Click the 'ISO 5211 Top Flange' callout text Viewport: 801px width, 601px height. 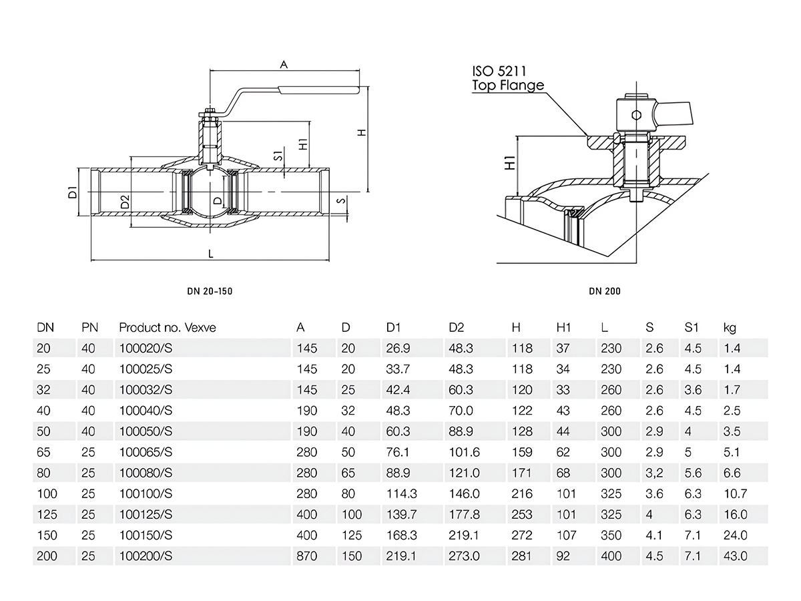[x=508, y=78]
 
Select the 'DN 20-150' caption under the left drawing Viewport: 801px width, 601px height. [x=210, y=291]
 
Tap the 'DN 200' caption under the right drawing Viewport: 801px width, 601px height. [x=605, y=291]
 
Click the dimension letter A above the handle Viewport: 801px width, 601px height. [x=284, y=65]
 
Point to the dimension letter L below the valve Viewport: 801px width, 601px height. [x=211, y=254]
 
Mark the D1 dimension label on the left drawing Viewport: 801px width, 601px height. [x=73, y=193]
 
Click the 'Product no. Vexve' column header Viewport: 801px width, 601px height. [x=168, y=328]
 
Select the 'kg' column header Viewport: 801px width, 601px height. [x=730, y=328]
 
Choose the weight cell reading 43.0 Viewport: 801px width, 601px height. [x=736, y=556]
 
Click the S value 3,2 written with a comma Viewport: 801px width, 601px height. [x=653, y=473]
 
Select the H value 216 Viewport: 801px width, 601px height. [x=522, y=493]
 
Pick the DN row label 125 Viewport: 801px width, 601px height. [x=47, y=514]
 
